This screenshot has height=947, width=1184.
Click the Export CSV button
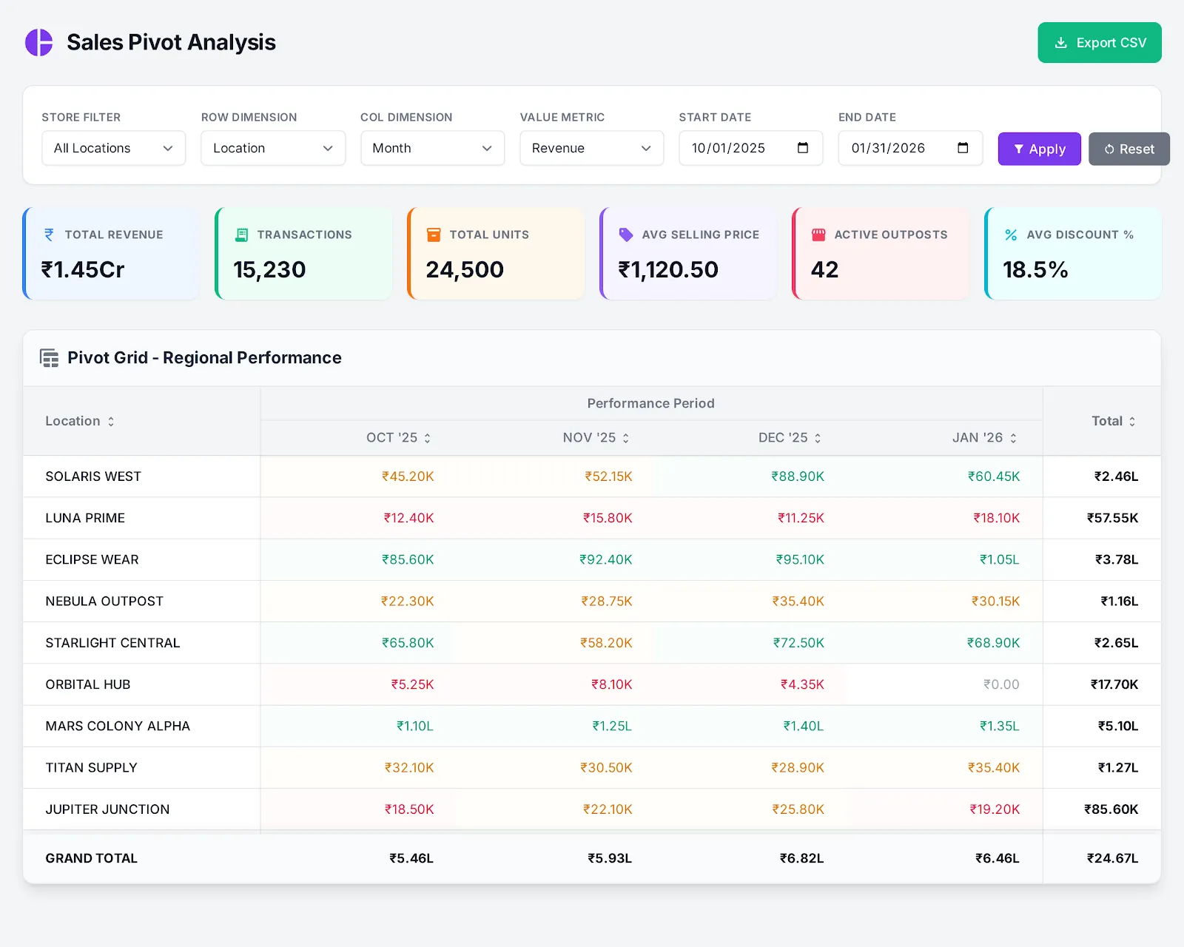tap(1099, 43)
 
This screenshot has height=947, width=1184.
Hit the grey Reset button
tap(1128, 149)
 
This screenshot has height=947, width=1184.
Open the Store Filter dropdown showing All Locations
tap(113, 148)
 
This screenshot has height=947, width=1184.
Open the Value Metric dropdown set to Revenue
tap(591, 148)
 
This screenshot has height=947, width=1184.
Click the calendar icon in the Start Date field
tap(803, 148)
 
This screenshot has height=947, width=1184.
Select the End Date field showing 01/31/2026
tap(888, 148)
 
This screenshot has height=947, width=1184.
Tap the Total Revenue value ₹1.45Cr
tap(83, 269)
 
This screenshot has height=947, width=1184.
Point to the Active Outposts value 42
tap(824, 269)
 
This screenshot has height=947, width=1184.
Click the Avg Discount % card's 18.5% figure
tap(1035, 269)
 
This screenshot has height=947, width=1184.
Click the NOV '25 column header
tap(589, 437)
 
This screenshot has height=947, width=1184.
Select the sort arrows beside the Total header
tap(1132, 421)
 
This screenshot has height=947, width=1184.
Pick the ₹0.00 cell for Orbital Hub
tap(1000, 684)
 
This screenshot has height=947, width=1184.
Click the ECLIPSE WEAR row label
tap(92, 559)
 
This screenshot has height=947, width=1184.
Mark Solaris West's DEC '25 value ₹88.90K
tap(797, 476)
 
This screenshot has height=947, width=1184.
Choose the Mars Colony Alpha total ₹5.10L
tap(1117, 726)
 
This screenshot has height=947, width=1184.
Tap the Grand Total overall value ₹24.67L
tap(1111, 858)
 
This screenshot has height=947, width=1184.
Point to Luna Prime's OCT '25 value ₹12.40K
tap(408, 518)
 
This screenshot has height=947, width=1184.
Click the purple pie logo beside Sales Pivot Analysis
tap(39, 42)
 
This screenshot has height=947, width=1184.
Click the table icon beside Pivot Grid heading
tap(50, 358)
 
